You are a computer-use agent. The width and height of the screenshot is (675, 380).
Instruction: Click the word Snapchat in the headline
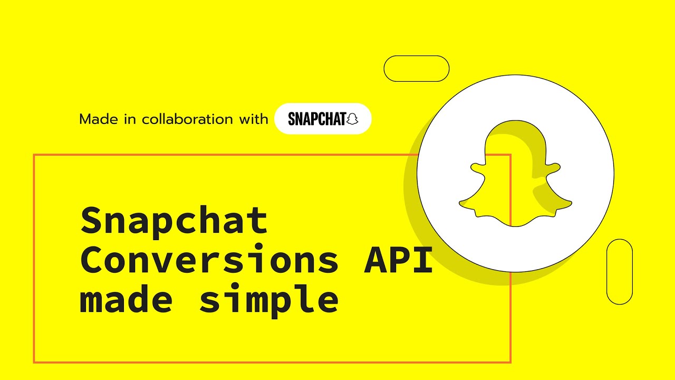(175, 221)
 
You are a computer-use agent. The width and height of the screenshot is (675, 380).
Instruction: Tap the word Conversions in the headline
(209, 260)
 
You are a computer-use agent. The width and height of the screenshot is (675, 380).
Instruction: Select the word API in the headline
(399, 260)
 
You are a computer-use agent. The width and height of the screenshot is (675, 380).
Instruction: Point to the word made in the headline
(126, 299)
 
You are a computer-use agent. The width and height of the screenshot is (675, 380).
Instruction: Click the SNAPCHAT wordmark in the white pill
(317, 119)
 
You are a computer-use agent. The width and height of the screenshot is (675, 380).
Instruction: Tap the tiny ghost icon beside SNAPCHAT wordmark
(352, 119)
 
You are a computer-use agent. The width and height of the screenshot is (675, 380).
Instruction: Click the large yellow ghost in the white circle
(515, 174)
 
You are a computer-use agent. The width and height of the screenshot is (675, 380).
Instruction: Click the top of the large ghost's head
(515, 123)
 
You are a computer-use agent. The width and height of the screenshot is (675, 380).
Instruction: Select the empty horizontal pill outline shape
(417, 69)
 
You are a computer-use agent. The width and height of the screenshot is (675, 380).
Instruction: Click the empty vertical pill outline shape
(620, 272)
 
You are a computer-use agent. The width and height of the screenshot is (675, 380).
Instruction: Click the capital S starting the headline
(92, 221)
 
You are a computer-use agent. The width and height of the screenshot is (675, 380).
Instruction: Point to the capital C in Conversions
(92, 260)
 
